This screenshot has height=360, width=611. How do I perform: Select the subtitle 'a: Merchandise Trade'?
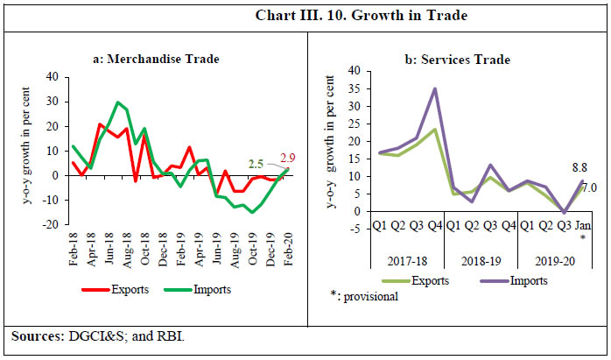[156, 59]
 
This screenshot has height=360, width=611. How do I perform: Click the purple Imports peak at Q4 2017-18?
[435, 88]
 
